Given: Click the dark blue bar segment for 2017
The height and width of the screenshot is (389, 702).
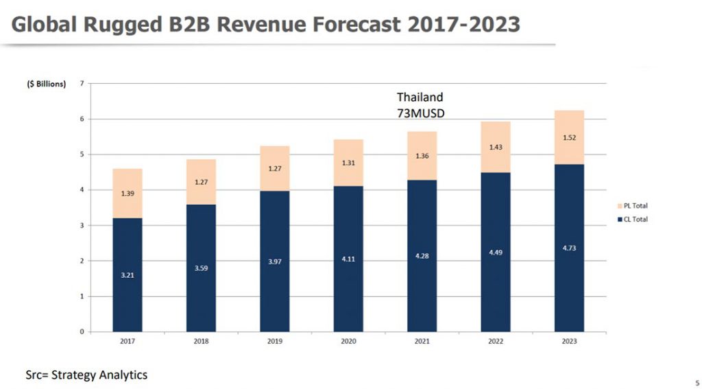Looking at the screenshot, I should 128,274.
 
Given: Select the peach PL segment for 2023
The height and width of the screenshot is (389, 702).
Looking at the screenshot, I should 569,137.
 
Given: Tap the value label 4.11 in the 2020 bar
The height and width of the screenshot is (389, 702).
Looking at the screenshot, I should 348,259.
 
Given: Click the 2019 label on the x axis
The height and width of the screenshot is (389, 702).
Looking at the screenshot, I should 274,341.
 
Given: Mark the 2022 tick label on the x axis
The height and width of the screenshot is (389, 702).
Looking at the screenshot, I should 496,341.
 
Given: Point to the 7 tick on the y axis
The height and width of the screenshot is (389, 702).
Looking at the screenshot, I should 82,84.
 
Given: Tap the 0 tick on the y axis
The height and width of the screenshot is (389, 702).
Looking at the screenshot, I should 82,332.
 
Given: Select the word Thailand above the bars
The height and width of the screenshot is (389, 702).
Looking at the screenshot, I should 420,97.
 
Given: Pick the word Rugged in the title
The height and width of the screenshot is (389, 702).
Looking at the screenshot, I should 125,25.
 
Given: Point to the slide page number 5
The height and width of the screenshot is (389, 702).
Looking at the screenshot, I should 696,382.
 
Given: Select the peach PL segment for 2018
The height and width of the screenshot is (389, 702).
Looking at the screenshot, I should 201,182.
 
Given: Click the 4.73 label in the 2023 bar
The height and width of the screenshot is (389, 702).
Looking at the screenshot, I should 569,248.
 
